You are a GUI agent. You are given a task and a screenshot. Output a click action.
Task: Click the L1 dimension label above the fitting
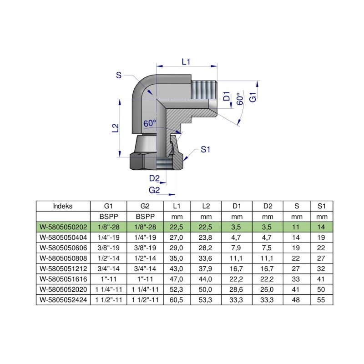(185, 62)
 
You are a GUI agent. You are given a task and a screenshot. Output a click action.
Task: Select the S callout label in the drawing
(118, 76)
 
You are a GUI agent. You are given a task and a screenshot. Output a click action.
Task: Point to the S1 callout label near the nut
(206, 149)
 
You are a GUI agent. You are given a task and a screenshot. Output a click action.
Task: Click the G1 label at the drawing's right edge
(253, 96)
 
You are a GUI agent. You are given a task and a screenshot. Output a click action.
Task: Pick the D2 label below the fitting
(154, 178)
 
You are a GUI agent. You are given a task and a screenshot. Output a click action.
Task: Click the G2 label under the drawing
(154, 190)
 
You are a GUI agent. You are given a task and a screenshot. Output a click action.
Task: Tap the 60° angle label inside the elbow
(150, 123)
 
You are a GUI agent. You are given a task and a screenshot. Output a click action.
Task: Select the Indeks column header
(63, 206)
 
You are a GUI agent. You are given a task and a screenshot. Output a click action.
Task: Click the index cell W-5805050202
(63, 226)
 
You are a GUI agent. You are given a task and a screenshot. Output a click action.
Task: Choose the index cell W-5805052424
(63, 300)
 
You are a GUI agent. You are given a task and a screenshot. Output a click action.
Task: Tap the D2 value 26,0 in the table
(268, 289)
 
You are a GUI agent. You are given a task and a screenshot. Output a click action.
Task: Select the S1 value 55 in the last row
(322, 300)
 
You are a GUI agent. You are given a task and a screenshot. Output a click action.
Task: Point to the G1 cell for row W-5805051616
(109, 279)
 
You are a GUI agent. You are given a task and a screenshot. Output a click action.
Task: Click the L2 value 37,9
(206, 268)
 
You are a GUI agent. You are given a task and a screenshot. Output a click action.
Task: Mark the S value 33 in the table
(297, 279)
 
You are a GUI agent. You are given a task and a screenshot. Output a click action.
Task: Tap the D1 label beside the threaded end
(226, 96)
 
